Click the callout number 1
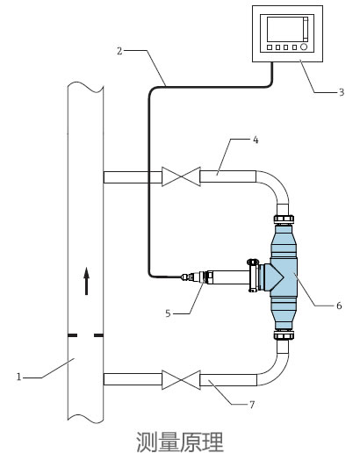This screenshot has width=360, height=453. [19, 377]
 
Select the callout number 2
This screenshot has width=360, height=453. [119, 51]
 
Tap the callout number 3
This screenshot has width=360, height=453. [342, 92]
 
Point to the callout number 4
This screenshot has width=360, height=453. [256, 140]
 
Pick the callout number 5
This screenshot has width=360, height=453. [168, 313]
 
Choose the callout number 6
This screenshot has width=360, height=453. [339, 306]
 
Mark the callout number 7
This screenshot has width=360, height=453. [252, 405]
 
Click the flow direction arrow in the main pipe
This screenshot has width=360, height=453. [86, 281]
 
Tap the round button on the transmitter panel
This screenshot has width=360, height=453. [304, 47]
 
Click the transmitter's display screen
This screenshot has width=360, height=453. [284, 29]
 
